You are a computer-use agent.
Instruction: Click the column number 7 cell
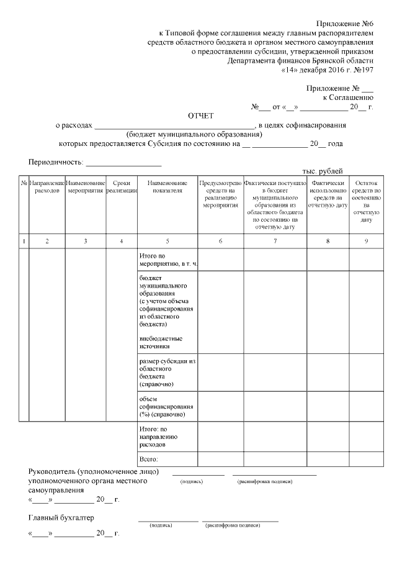(x=275, y=241)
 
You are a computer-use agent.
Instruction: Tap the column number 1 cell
(x=24, y=241)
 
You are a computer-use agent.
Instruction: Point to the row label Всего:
(x=149, y=460)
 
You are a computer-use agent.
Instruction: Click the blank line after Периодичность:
(x=123, y=164)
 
